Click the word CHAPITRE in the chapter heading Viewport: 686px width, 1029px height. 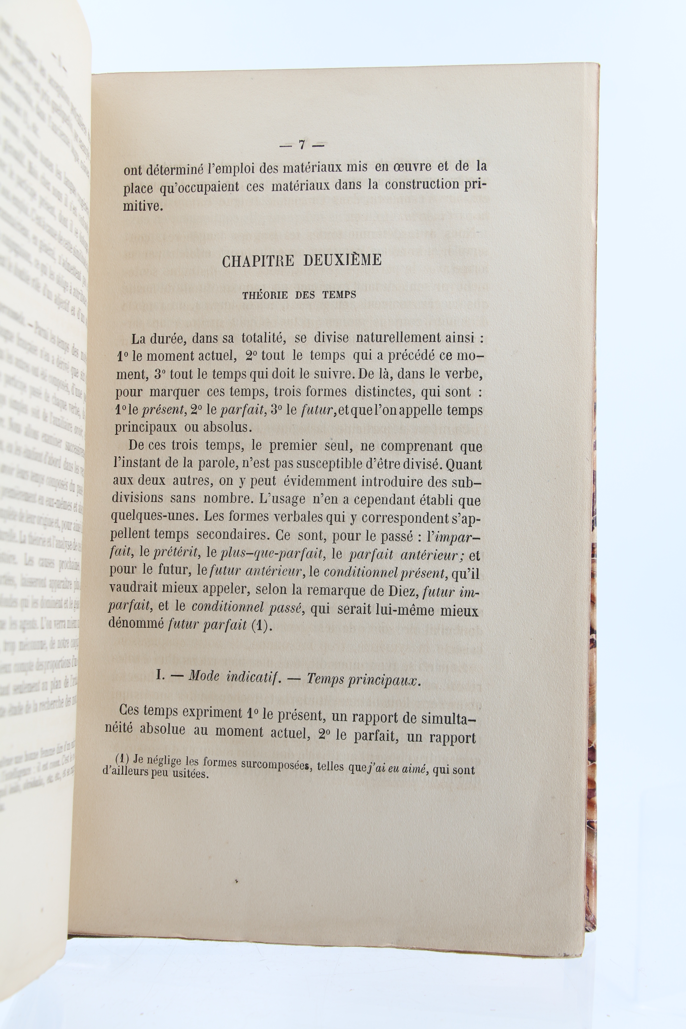point(258,261)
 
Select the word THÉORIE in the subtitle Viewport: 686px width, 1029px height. point(265,295)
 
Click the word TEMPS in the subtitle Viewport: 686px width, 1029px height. point(339,294)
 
